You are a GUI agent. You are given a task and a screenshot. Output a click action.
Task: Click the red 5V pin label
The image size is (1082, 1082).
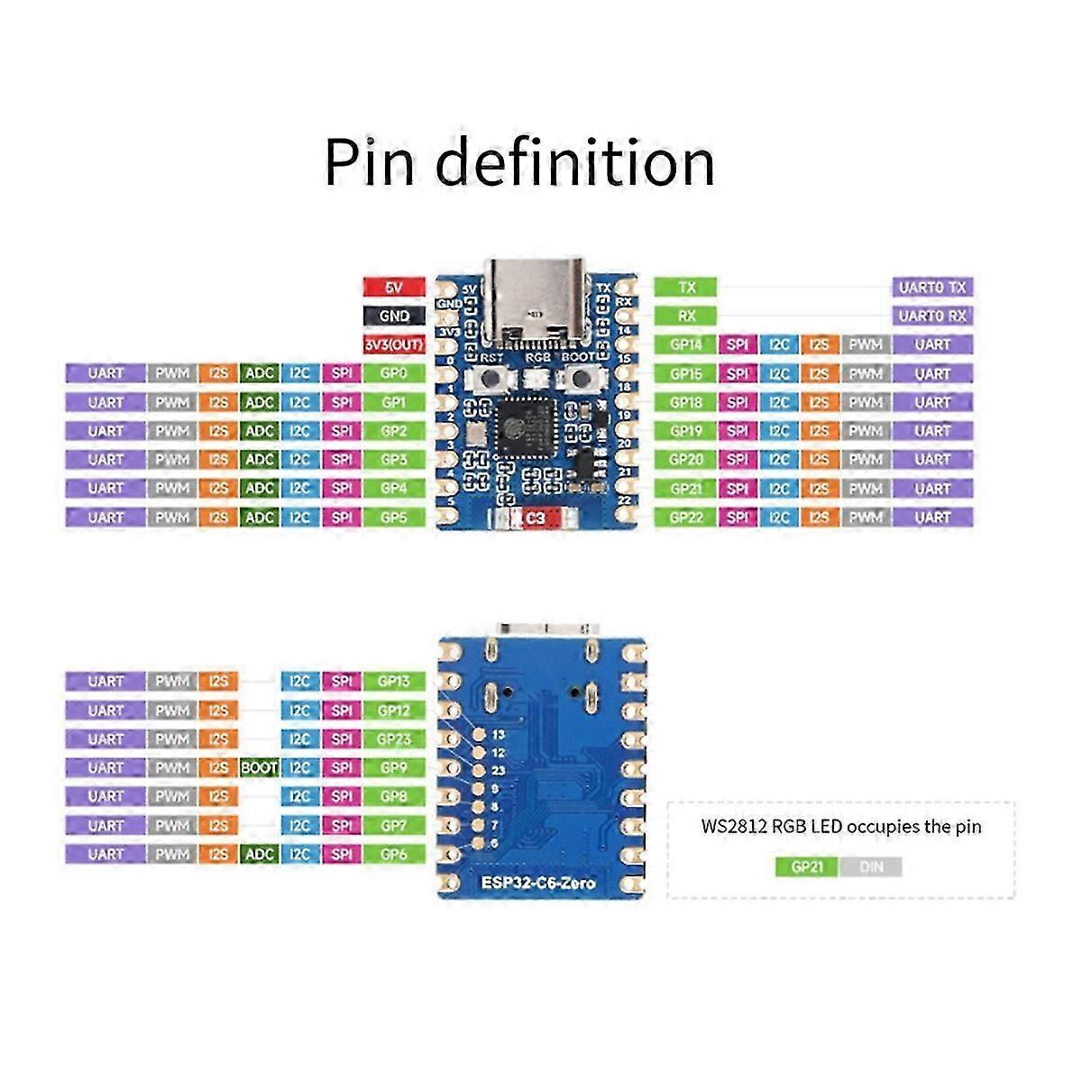393,287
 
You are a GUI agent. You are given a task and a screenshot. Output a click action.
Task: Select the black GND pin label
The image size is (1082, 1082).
393,316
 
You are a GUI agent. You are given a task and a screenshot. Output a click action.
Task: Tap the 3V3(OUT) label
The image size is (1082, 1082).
393,344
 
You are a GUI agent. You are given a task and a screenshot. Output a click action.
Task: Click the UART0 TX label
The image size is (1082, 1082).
932,287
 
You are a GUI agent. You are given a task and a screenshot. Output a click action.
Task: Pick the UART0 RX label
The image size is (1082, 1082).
932,316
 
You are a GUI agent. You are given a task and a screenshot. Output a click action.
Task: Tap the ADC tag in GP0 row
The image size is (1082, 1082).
260,373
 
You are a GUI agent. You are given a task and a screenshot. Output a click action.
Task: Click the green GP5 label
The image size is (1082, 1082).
394,518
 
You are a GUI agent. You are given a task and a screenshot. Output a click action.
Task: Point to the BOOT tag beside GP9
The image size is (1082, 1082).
260,767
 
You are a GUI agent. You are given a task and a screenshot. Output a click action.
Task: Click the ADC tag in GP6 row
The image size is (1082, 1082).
260,854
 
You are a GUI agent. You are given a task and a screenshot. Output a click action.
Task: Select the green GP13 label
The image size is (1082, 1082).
394,682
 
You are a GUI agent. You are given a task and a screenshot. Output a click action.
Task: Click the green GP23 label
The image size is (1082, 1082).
394,739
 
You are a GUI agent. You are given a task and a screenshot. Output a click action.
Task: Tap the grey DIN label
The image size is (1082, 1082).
871,867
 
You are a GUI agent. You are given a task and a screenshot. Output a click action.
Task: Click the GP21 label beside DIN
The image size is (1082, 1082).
807,867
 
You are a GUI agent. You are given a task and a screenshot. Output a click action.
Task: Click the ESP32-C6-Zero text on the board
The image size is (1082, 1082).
542,883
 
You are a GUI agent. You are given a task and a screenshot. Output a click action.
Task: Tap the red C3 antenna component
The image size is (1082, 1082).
535,518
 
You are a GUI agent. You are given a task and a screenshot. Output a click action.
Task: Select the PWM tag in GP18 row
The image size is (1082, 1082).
866,402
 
